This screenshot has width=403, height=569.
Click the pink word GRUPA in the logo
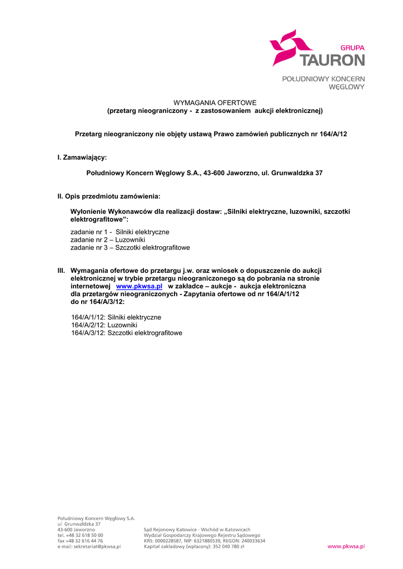click(352, 48)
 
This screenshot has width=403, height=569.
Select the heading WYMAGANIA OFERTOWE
click(215, 103)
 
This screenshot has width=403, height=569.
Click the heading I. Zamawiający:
click(82, 158)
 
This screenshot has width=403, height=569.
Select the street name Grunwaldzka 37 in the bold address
click(298, 173)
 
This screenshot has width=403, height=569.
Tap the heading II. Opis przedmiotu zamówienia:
click(109, 197)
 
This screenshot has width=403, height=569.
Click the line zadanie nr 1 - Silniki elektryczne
click(120, 232)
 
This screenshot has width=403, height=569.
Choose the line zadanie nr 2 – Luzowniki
click(108, 239)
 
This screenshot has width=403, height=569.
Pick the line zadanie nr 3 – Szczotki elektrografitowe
click(130, 247)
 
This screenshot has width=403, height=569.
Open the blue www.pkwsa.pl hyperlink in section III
click(139, 286)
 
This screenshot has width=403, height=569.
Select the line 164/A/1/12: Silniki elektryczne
click(116, 317)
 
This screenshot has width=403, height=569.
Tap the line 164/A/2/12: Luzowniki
click(104, 325)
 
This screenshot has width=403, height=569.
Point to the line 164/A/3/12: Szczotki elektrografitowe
click(127, 333)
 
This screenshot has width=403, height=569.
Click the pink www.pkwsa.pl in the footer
click(346, 547)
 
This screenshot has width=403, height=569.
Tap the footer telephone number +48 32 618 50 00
click(84, 535)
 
